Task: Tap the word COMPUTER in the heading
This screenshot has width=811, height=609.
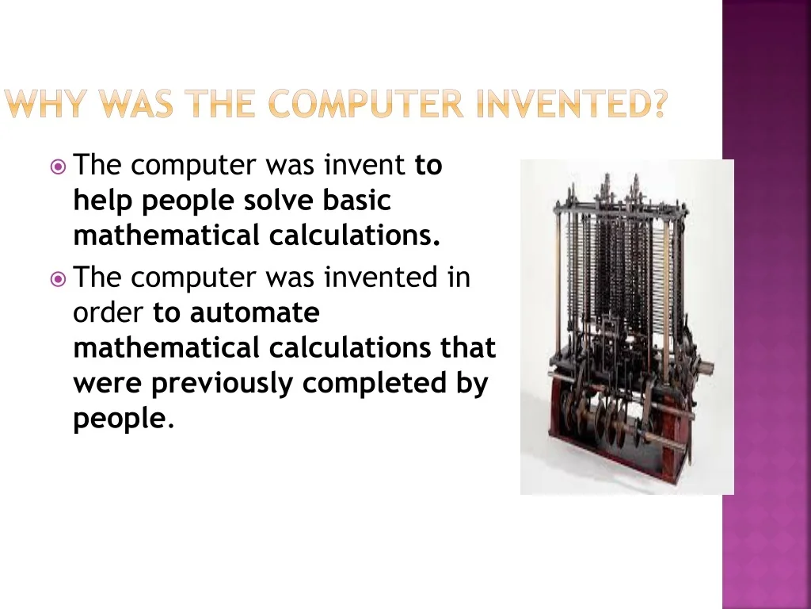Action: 366,104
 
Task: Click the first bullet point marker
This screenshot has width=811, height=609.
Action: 58,167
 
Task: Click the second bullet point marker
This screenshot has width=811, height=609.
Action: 58,280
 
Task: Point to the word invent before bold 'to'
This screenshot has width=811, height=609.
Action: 364,165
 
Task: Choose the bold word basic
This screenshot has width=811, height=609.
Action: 356,200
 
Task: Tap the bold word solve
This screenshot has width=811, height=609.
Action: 278,200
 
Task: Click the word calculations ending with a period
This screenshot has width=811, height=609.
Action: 354,235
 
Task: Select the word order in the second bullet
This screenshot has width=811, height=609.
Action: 108,312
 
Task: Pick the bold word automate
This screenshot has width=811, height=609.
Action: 254,312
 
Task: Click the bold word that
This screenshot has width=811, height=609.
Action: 467,347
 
